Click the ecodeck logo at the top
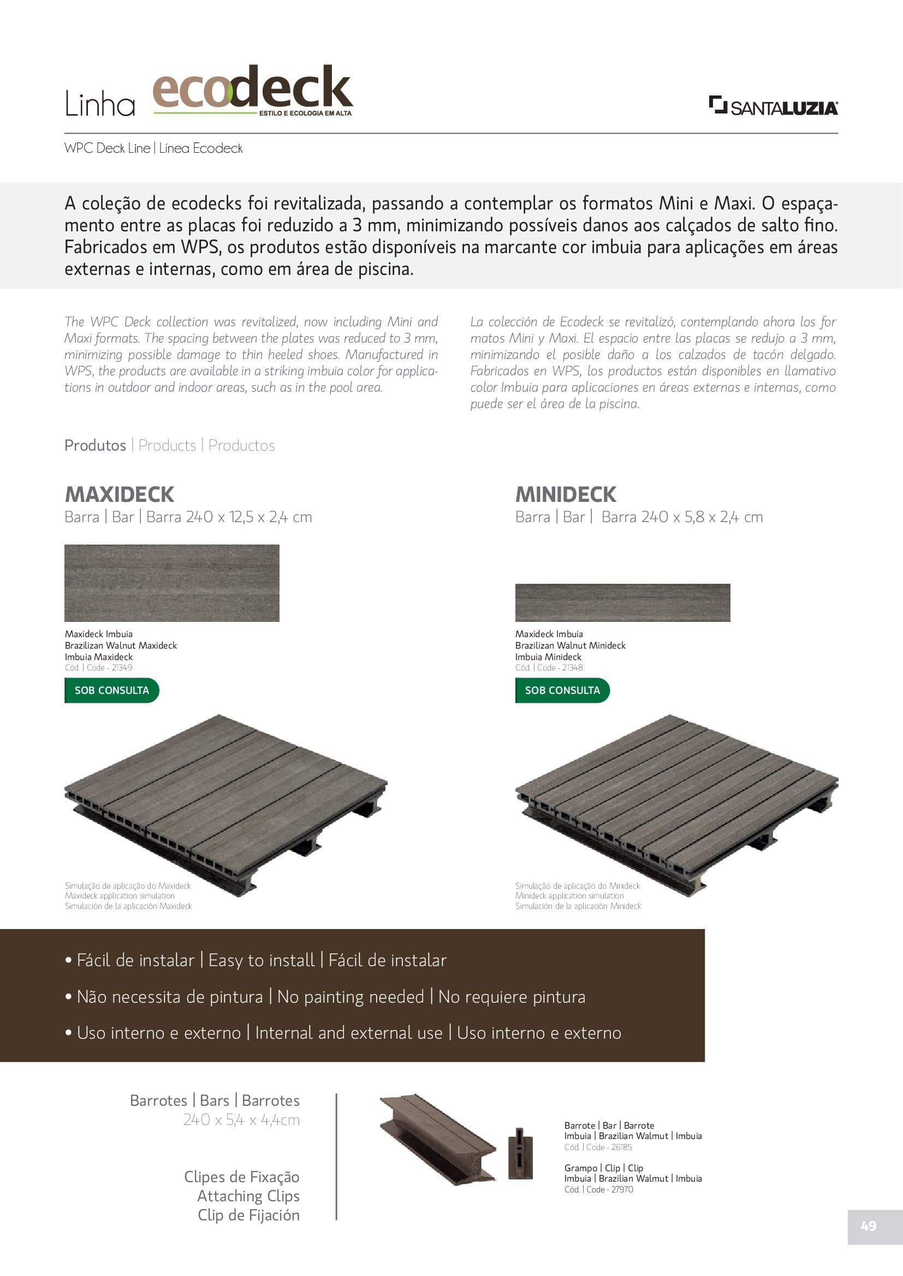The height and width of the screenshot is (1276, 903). [252, 90]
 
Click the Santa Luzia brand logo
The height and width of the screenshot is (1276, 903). [773, 106]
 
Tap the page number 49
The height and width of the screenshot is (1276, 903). [868, 1225]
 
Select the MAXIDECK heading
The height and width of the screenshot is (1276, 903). [120, 494]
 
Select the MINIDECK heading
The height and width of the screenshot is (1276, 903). [566, 494]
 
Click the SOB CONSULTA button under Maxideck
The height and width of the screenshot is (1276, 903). [112, 690]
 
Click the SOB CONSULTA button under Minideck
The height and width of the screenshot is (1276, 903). [562, 690]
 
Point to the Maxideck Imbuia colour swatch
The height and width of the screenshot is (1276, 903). [172, 583]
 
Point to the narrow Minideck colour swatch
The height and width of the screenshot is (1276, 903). [622, 602]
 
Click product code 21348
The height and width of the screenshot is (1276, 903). [572, 667]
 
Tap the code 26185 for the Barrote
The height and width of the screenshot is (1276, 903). [621, 1147]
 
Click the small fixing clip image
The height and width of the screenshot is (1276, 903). [520, 1153]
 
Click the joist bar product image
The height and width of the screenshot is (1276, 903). [438, 1139]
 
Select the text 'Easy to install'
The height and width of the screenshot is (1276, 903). [262, 960]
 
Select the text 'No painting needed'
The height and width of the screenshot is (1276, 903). [350, 997]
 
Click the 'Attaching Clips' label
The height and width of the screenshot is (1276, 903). [248, 1195]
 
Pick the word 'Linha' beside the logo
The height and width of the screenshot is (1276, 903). [100, 104]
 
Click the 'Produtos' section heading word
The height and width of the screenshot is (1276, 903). [95, 445]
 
